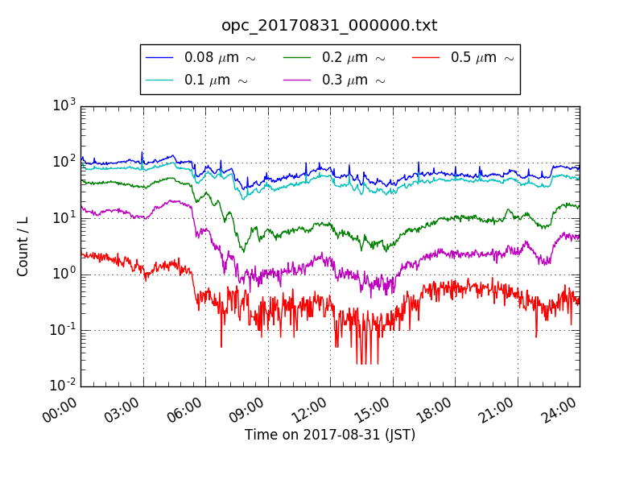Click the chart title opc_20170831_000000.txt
tap(329, 26)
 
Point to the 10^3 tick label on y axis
tap(64, 105)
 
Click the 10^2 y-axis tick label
tap(64, 162)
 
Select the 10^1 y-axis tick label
tap(64, 218)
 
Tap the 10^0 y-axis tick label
tap(64, 274)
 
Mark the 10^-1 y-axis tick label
tap(63, 330)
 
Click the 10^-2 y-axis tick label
tap(63, 386)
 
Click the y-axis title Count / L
tap(23, 246)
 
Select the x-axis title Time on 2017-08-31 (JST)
tap(330, 436)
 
